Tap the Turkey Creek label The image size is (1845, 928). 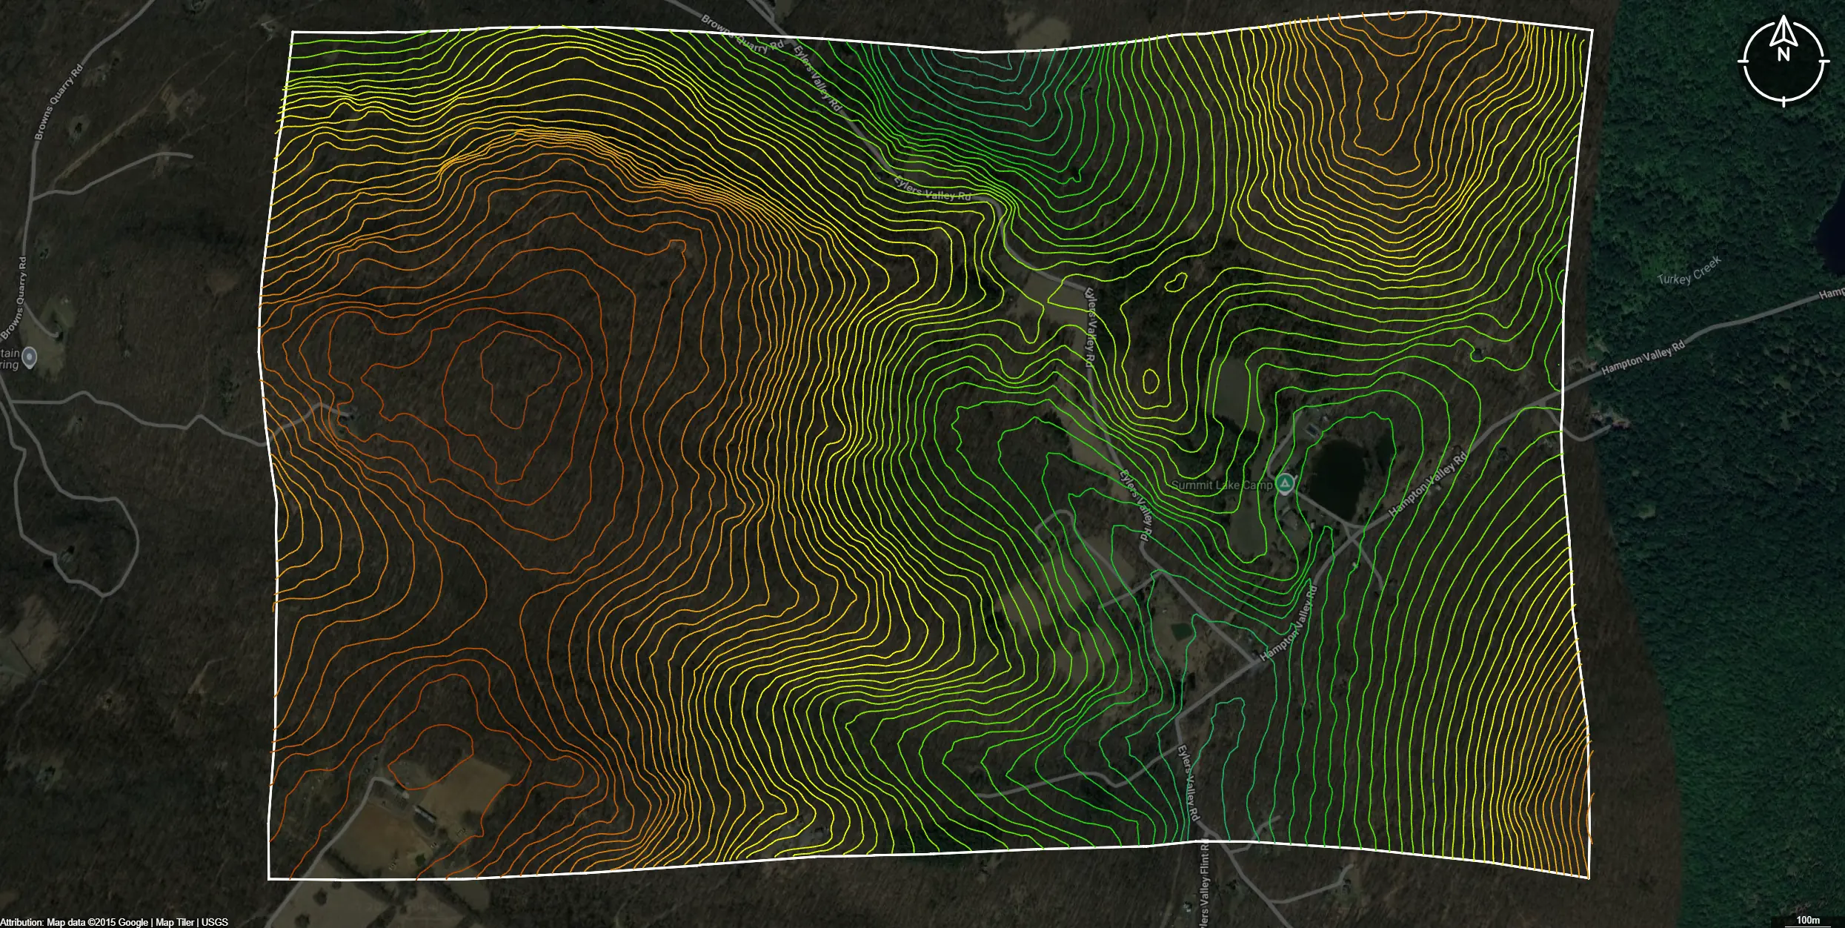point(1689,271)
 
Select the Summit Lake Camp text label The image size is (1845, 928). point(1222,485)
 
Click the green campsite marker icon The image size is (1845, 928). point(1286,485)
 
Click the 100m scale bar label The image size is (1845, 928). point(1808,920)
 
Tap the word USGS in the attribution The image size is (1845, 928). point(215,922)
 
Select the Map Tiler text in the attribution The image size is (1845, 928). point(175,922)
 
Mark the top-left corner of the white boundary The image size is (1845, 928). point(293,33)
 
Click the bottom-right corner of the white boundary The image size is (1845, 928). point(1589,877)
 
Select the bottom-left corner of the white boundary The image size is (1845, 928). point(269,879)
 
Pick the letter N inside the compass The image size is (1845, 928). point(1783,54)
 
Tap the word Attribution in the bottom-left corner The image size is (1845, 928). point(21,922)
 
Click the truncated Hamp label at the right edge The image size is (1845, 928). point(1832,295)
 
